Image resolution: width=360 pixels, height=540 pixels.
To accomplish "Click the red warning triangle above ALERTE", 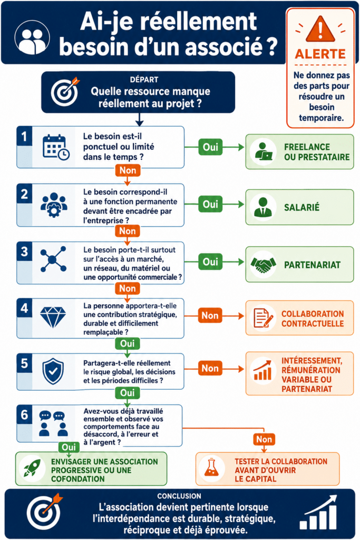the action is pyautogui.click(x=320, y=29).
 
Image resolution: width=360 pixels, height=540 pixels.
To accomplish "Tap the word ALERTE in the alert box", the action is pyautogui.click(x=320, y=54).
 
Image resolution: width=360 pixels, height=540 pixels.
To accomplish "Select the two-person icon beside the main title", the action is pyautogui.click(x=32, y=37).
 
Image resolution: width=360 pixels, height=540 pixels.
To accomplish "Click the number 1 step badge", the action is pyautogui.click(x=24, y=137).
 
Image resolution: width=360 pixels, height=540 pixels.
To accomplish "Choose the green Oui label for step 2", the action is pyautogui.click(x=210, y=204).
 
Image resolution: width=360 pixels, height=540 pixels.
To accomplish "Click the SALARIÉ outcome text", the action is pyautogui.click(x=301, y=207).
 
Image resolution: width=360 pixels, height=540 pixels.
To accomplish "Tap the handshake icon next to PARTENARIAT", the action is pyautogui.click(x=264, y=265).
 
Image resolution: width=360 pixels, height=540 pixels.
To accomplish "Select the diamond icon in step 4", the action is pyautogui.click(x=53, y=317).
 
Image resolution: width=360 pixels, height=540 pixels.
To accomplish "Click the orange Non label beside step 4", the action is pyautogui.click(x=210, y=315).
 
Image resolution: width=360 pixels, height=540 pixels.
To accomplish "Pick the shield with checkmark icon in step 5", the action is pyautogui.click(x=53, y=371).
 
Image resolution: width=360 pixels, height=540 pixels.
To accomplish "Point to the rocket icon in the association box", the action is pyautogui.click(x=32, y=468).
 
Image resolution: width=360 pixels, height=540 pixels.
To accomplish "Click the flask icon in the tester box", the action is pyautogui.click(x=211, y=467).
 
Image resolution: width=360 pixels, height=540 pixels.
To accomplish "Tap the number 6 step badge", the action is pyautogui.click(x=24, y=414).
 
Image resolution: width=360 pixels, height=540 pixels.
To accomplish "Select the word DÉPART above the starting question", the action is pyautogui.click(x=144, y=80).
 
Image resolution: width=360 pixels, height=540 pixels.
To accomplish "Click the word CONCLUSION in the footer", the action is pyautogui.click(x=179, y=496).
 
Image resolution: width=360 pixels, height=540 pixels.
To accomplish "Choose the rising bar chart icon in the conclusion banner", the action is pyautogui.click(x=318, y=513).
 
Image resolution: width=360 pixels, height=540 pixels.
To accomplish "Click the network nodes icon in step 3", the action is pyautogui.click(x=53, y=259).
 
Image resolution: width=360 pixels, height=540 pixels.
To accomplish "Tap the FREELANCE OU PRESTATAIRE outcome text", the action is pyautogui.click(x=317, y=152).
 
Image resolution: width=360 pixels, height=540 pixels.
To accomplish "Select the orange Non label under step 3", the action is pyautogui.click(x=128, y=288).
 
